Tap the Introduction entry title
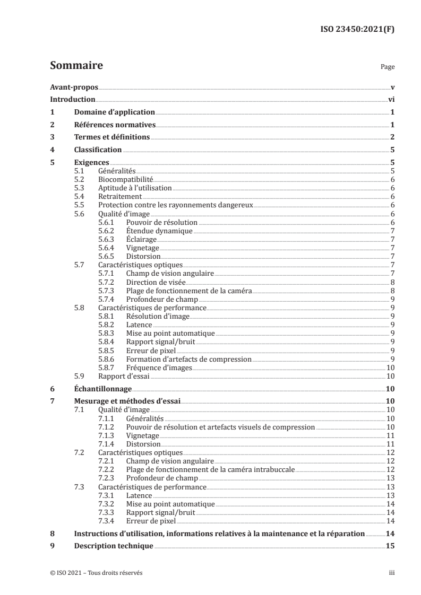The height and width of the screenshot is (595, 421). [72, 99]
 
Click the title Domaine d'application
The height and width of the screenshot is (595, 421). [114, 112]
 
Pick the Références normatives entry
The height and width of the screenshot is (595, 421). [114, 125]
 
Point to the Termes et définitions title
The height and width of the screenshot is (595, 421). [112, 137]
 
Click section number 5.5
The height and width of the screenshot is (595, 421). [79, 205]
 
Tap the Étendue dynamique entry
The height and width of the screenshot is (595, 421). [159, 231]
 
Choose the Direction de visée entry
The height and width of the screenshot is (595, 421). [156, 282]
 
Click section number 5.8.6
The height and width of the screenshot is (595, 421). [107, 358]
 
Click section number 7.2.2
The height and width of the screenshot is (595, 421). [107, 469]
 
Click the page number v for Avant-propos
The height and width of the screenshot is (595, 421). [392, 87]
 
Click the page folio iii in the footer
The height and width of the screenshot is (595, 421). [391, 573]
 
